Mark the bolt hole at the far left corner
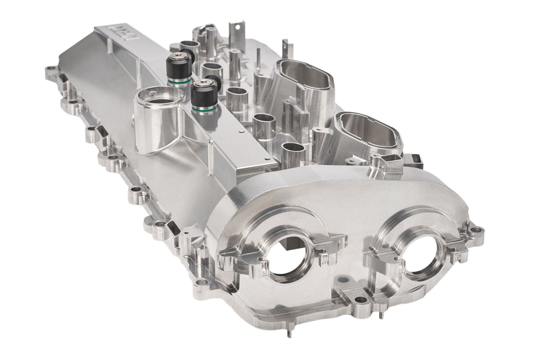click(50, 70)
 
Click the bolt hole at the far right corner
click(477, 230)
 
